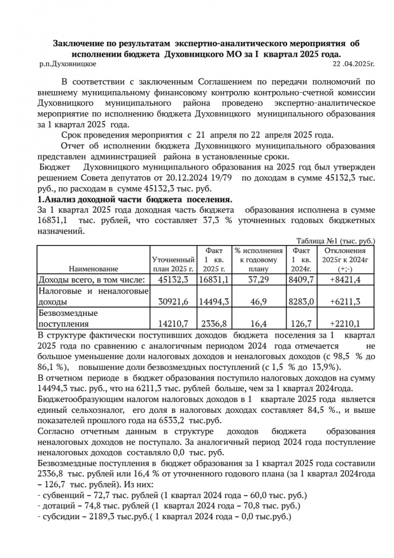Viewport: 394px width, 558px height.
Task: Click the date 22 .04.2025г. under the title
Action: click(354, 64)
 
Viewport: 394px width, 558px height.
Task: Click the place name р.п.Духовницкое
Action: click(68, 64)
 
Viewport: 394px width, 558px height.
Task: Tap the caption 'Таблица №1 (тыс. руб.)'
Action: click(336, 241)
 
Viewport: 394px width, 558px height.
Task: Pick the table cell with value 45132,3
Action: click(173, 280)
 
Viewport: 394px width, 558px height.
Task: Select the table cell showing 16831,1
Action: click(213, 280)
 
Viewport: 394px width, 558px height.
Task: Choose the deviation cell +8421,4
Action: click(345, 280)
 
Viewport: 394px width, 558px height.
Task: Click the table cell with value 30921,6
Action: click(173, 301)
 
